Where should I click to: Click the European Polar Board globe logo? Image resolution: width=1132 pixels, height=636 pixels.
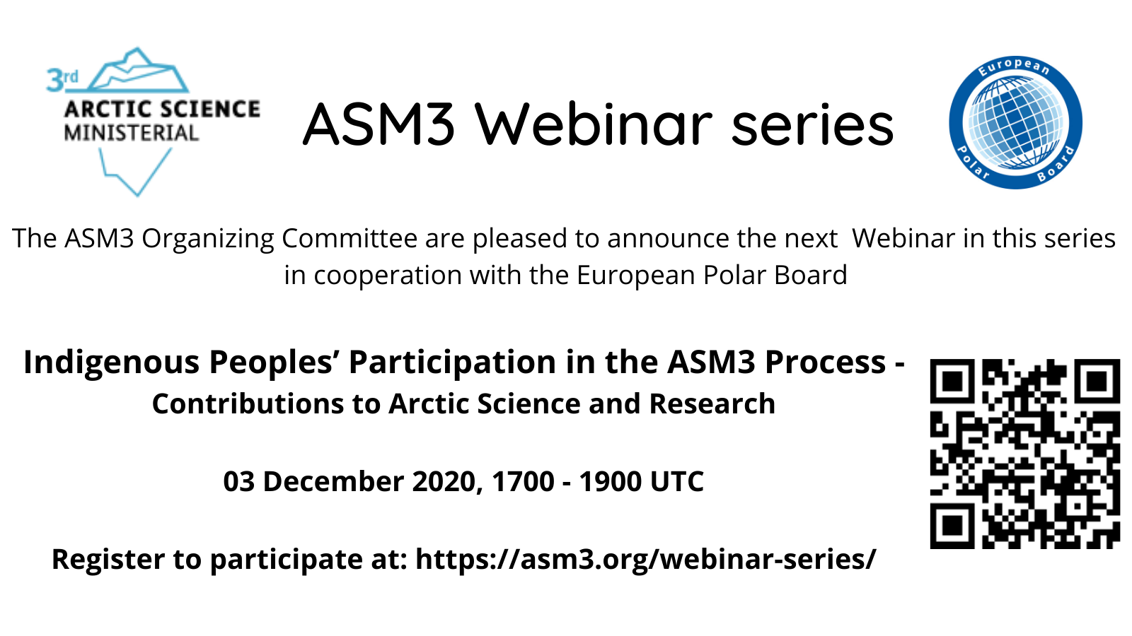[1016, 123]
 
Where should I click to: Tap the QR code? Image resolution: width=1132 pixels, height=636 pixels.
[1025, 454]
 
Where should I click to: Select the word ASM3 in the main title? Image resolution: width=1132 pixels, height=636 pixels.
[379, 124]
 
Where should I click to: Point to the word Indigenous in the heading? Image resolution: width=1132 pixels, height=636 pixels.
[112, 363]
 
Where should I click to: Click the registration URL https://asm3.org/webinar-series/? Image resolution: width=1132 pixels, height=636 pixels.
[646, 560]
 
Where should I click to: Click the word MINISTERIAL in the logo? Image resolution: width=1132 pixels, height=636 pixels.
[132, 134]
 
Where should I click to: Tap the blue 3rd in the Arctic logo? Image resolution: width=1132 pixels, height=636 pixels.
[62, 81]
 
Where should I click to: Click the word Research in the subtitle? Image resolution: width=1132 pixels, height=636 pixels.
[712, 404]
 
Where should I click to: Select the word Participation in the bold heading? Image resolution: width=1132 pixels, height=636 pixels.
[453, 363]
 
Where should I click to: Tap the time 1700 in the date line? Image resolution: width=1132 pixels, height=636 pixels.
[523, 481]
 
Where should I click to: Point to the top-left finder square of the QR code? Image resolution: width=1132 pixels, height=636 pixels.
[952, 382]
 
